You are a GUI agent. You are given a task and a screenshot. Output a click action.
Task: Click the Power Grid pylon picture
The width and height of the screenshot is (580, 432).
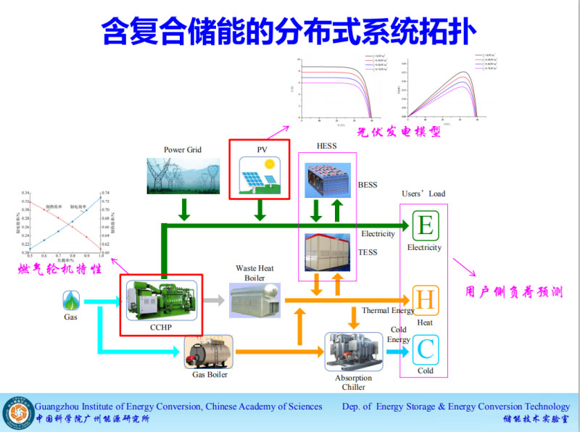click(182, 175)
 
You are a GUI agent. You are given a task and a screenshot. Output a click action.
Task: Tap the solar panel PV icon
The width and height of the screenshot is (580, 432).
click(259, 177)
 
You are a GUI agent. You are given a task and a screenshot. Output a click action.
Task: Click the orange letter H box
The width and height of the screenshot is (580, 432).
click(425, 299)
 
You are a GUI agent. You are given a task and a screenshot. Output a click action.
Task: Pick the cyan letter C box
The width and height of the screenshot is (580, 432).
click(425, 351)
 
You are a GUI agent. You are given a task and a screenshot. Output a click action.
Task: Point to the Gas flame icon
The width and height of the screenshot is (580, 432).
click(71, 299)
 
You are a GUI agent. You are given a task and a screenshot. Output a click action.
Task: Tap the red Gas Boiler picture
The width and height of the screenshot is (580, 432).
click(208, 352)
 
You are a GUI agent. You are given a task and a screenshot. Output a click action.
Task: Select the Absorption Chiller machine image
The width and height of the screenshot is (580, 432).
click(353, 352)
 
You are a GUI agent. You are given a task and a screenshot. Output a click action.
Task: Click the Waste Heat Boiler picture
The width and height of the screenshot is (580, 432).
click(254, 299)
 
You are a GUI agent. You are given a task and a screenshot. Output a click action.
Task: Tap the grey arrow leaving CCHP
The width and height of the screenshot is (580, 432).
click(213, 299)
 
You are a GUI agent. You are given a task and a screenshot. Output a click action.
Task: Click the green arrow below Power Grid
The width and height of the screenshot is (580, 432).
click(183, 209)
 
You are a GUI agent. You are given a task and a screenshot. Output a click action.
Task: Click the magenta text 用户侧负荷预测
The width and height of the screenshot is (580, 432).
click(514, 293)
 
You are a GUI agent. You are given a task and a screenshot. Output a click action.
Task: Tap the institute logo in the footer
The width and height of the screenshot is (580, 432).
click(17, 412)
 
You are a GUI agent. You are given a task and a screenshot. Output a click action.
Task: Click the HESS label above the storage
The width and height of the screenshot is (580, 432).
click(326, 146)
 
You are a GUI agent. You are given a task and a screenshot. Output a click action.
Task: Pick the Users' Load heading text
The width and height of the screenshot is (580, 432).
click(423, 194)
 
